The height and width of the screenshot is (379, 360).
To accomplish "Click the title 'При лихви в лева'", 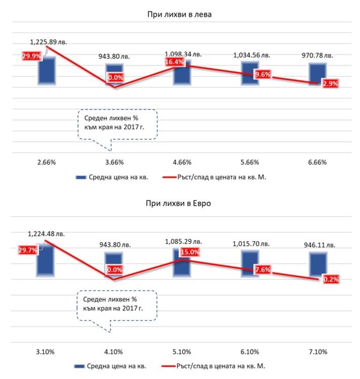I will (x=180, y=15).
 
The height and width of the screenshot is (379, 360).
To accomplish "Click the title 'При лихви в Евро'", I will (x=180, y=205).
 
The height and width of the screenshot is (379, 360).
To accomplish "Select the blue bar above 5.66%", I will (x=250, y=72).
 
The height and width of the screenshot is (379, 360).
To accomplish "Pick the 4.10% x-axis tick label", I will (x=114, y=351).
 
